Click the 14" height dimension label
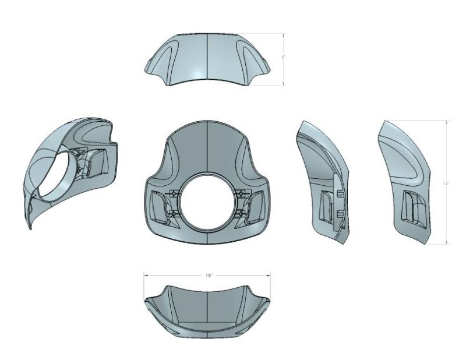click(x=446, y=183)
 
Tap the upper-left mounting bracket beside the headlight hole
click(x=173, y=193)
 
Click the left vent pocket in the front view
click(x=157, y=204)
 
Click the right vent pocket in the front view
click(x=258, y=204)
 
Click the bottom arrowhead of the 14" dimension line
click(x=446, y=243)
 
